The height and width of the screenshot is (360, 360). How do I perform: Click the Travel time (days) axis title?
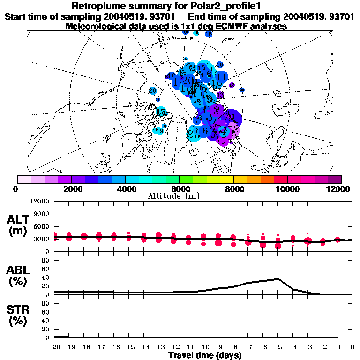[x=205, y=355]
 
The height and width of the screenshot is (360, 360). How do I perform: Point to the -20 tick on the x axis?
[x=54, y=347]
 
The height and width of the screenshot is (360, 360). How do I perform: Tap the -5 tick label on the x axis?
[x=278, y=347]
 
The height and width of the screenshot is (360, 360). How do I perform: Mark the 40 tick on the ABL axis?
[x=46, y=277]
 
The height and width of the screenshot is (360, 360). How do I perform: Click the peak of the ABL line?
[x=278, y=279]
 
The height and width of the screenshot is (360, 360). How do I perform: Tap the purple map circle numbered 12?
[x=232, y=85]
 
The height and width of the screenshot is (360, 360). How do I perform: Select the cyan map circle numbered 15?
[x=196, y=33]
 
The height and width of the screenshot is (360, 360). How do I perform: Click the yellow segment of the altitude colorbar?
[x=227, y=179]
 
